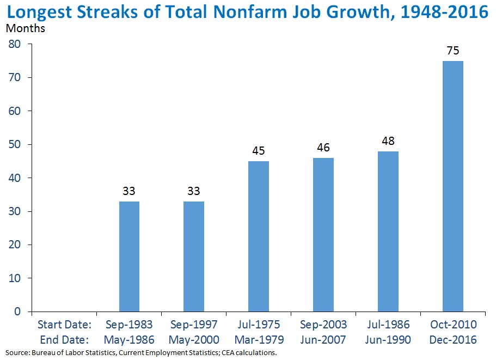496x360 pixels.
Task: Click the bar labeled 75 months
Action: (x=452, y=186)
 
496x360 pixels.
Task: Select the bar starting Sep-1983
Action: (x=129, y=256)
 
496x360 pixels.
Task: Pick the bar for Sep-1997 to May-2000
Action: (x=194, y=256)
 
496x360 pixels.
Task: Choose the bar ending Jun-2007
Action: (x=323, y=234)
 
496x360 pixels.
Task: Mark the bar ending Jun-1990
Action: (x=388, y=231)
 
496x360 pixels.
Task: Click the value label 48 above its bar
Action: (x=388, y=141)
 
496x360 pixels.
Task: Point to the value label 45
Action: (x=259, y=151)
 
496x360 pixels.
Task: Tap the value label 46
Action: (x=323, y=148)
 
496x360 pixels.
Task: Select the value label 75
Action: (x=452, y=51)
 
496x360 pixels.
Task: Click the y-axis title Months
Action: (x=25, y=29)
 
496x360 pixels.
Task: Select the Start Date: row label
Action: (x=64, y=325)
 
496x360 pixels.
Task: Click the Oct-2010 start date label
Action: (x=452, y=325)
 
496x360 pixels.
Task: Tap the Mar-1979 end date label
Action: (x=259, y=340)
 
